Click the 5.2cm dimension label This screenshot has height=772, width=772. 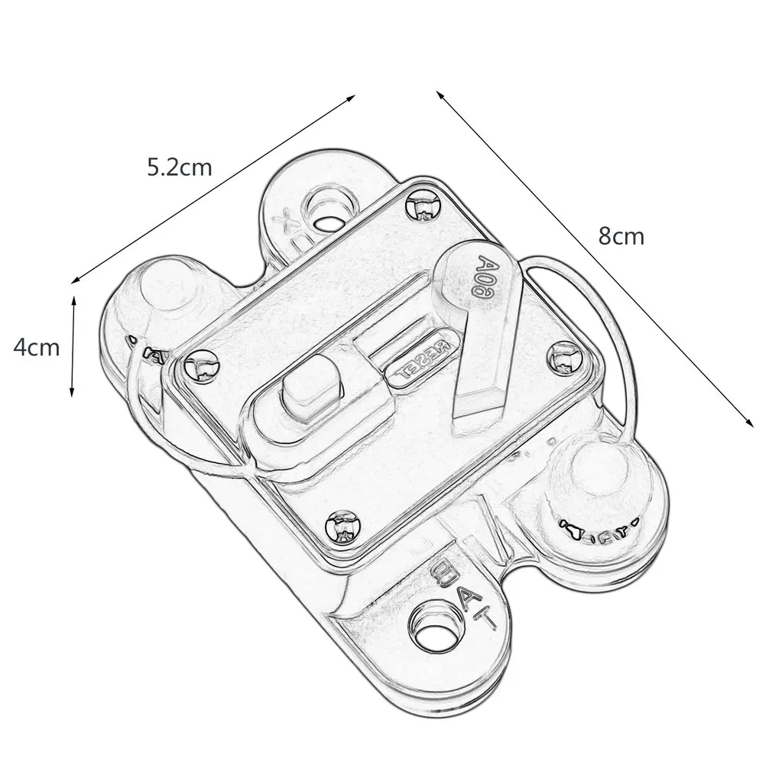[179, 167]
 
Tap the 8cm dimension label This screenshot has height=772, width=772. [621, 236]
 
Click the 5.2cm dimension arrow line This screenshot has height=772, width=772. [214, 187]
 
